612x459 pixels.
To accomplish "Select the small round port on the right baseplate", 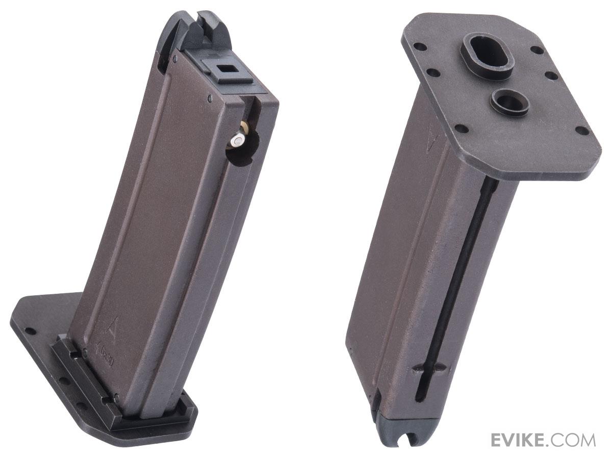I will [508, 97].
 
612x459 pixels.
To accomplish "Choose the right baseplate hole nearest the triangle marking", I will [457, 127].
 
